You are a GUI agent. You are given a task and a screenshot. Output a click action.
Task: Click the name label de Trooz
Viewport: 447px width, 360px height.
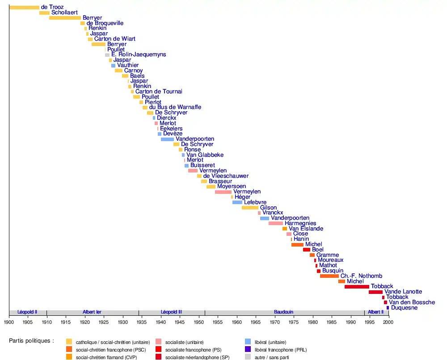pyautogui.click(x=52, y=7)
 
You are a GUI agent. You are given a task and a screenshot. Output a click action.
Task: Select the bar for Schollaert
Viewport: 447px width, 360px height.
pyautogui.click(x=44, y=13)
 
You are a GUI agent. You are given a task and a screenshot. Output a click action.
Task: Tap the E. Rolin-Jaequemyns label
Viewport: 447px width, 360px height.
pyautogui.click(x=139, y=54)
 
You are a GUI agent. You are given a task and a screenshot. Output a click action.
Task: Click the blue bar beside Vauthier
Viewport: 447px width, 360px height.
pyautogui.click(x=113, y=65)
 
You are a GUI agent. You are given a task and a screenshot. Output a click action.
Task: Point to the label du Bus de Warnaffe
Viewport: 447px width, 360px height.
pyautogui.click(x=175, y=107)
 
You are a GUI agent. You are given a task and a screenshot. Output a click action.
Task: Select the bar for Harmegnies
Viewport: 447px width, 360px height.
pyautogui.click(x=276, y=223)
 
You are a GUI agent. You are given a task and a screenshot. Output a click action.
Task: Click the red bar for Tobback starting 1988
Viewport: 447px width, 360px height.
pyautogui.click(x=357, y=286)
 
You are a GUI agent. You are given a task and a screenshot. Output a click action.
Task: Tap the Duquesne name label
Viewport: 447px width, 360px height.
pyautogui.click(x=404, y=308)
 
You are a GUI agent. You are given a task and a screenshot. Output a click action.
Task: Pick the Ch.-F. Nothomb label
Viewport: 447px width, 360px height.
pyautogui.click(x=361, y=276)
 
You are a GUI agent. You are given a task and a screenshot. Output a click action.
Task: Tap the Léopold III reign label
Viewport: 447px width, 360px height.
pyautogui.click(x=172, y=312)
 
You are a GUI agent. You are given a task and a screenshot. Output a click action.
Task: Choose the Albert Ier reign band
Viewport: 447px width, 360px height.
pyautogui.click(x=92, y=312)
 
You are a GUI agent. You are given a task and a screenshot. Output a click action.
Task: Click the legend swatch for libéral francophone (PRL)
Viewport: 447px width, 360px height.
pyautogui.click(x=248, y=349)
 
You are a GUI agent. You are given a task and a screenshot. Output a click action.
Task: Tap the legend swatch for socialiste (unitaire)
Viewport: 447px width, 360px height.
pyautogui.click(x=158, y=342)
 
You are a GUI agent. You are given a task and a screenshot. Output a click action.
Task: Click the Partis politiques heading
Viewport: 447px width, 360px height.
pyautogui.click(x=31, y=340)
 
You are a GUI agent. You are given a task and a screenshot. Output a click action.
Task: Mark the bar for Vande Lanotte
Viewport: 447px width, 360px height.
pyautogui.click(x=375, y=292)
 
